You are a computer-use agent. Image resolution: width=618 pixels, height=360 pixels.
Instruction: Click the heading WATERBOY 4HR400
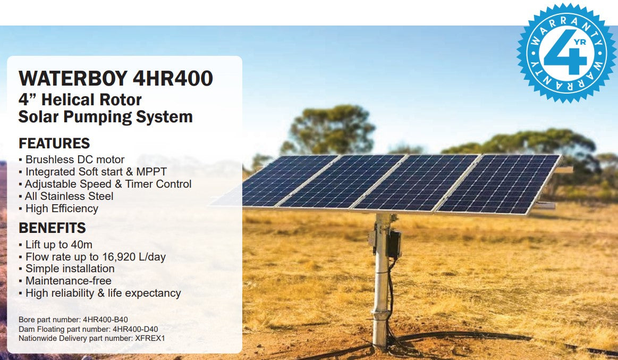coord(115,78)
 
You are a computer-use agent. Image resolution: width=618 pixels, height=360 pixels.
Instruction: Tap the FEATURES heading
coord(54,144)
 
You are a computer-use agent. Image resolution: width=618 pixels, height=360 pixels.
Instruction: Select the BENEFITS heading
coord(52,228)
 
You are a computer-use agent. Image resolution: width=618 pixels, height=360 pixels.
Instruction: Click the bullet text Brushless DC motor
coord(75,160)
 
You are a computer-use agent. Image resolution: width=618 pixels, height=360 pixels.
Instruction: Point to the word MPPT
coord(152,172)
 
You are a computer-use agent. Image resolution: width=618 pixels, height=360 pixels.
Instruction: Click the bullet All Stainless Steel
coord(69,196)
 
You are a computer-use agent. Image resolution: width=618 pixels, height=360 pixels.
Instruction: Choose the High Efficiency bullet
coord(62,208)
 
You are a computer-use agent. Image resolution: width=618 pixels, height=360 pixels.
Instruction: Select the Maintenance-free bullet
coord(69,281)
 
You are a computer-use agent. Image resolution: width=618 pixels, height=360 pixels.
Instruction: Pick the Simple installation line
coord(70,269)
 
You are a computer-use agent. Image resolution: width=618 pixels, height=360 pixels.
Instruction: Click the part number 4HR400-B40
coord(105,320)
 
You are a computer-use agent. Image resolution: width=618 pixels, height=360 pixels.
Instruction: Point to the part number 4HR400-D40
coord(136,329)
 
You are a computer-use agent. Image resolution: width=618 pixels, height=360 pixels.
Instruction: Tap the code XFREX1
coord(154,338)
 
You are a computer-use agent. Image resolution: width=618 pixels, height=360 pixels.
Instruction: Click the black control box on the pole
coord(393,244)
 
